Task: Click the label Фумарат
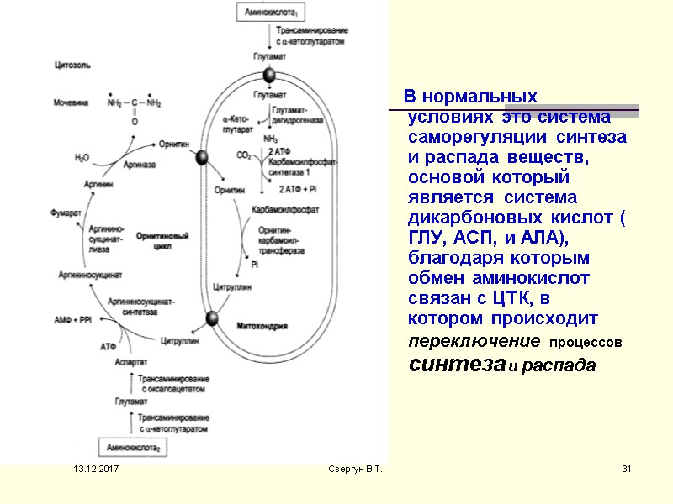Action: click(66, 213)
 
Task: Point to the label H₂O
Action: click(82, 157)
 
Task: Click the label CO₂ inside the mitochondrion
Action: click(243, 155)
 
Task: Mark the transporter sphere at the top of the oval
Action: click(269, 76)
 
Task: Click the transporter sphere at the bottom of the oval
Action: click(213, 318)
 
